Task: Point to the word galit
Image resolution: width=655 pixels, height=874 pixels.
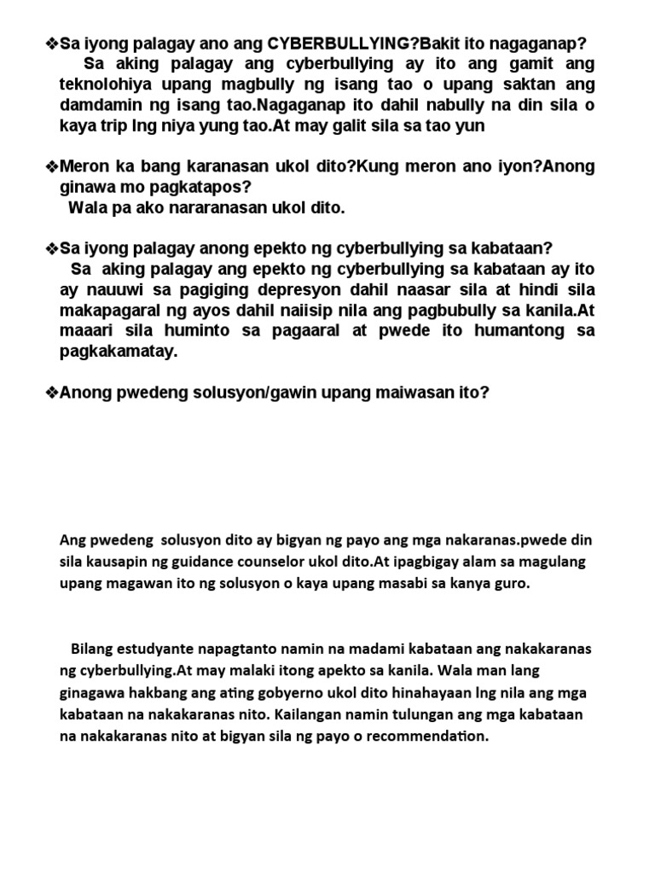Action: [343, 126]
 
